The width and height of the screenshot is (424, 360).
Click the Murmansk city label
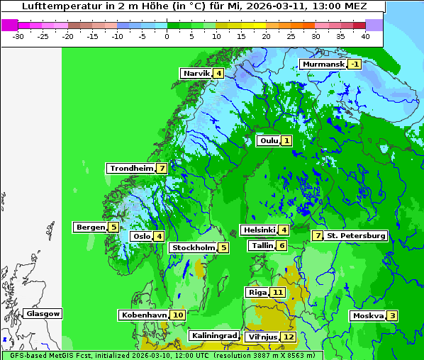(x=323, y=64)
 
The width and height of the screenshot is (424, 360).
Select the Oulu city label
(x=269, y=141)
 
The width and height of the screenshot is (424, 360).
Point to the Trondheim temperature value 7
(x=162, y=169)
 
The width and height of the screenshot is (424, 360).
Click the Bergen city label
(x=90, y=227)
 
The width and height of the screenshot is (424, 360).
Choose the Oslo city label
(x=142, y=237)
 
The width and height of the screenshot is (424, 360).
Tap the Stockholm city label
(x=193, y=248)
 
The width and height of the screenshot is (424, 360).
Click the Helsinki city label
(x=259, y=230)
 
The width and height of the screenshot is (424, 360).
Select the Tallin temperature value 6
(x=282, y=246)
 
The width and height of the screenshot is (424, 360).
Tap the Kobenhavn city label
(x=144, y=315)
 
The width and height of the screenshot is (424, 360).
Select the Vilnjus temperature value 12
(x=288, y=337)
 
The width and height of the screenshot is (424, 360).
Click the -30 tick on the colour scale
(x=18, y=35)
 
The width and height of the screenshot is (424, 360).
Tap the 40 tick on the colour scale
(x=364, y=35)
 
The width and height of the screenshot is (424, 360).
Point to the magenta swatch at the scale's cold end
(x=10, y=25)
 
